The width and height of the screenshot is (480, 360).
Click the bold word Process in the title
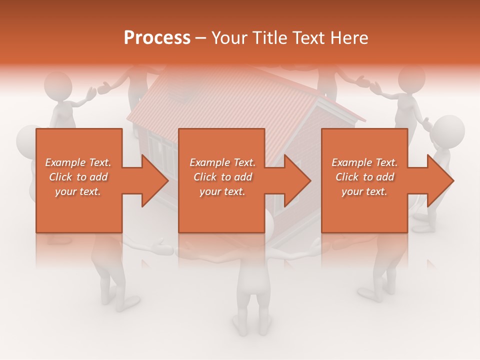[x=157, y=38]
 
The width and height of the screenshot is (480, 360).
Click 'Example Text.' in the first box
[x=78, y=162]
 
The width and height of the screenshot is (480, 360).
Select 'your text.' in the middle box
[x=222, y=191]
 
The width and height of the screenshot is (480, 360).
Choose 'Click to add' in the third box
[x=364, y=177]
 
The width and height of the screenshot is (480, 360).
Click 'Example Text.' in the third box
[x=364, y=162]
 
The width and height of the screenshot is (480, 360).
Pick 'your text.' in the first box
[x=78, y=191]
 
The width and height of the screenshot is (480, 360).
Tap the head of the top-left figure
[x=57, y=85]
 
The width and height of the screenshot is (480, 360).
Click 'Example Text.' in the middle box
[x=222, y=162]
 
